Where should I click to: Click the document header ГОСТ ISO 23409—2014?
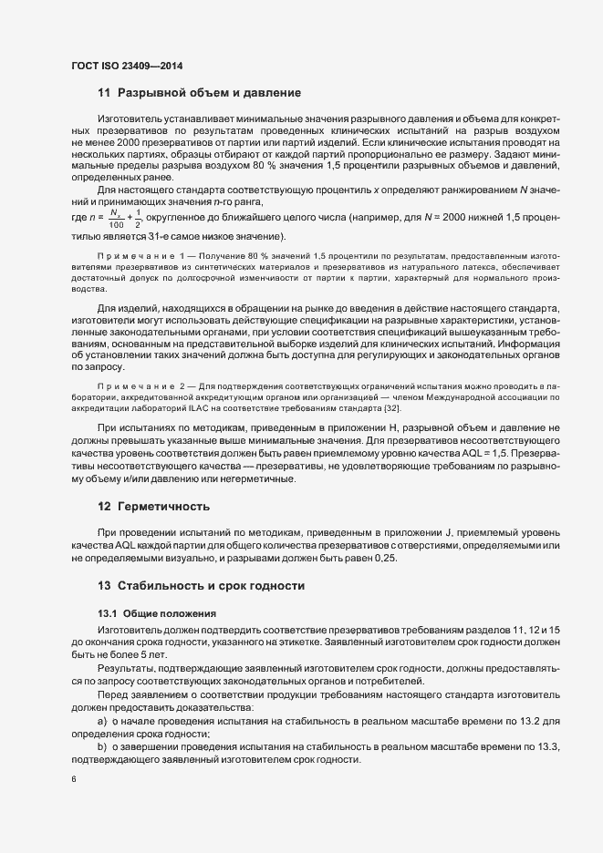[133, 65]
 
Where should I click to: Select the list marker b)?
[102, 745]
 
